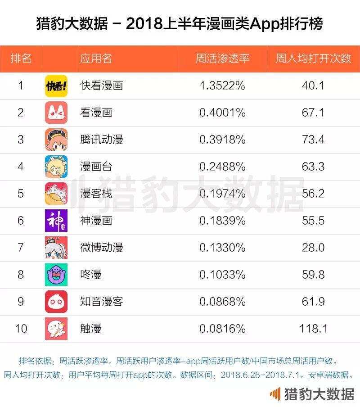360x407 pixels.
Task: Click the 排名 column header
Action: coord(21,59)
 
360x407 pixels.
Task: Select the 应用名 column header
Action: coord(96,59)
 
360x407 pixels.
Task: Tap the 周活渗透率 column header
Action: coord(222,59)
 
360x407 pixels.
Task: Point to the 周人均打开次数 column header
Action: coord(313,59)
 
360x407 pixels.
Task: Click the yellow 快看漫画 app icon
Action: coord(56,86)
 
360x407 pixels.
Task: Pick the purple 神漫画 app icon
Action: coord(56,221)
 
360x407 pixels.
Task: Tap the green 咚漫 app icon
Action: coord(56,275)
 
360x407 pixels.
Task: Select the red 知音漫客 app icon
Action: coord(56,302)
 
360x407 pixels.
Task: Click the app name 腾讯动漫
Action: coord(101,140)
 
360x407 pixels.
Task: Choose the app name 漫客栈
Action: coord(96,194)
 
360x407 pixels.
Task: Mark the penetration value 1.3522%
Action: coord(222,86)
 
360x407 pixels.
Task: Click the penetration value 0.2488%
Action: coord(222,167)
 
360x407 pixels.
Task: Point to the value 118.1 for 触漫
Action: coord(313,329)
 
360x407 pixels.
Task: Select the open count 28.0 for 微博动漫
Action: coord(313,248)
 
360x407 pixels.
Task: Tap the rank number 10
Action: coord(21,329)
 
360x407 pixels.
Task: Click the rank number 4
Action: coord(21,167)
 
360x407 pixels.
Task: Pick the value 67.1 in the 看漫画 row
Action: coord(313,113)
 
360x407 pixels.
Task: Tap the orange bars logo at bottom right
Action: coord(274,394)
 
